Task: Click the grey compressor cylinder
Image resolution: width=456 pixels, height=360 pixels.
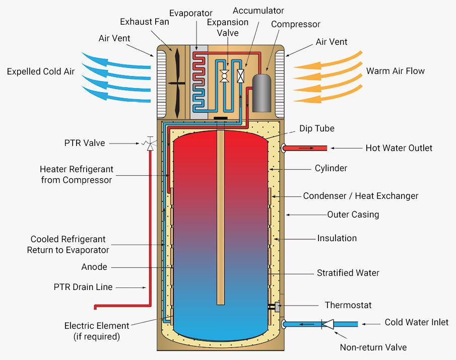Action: pos(262,93)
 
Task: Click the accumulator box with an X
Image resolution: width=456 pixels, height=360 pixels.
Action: pos(241,76)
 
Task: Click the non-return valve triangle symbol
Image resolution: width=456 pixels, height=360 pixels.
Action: pos(329,324)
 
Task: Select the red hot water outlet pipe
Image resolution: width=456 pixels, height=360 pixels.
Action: pos(307,148)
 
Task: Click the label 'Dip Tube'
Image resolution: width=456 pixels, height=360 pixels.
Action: pos(316,129)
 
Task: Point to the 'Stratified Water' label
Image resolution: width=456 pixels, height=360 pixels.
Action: pos(348,273)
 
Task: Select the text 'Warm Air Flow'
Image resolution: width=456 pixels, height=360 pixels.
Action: pos(395,71)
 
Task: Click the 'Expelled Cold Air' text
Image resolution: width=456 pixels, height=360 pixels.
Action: pos(41,71)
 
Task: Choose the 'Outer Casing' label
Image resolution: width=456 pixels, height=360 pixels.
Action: pos(353,214)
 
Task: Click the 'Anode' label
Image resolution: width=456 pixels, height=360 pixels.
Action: pos(94,267)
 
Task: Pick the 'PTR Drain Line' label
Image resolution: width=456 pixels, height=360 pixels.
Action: pos(83,287)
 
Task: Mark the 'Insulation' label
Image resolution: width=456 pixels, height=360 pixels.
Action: pos(337,238)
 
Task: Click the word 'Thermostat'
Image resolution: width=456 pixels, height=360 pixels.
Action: pos(348,305)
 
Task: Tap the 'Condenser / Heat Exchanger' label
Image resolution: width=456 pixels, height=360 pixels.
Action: pos(360,196)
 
